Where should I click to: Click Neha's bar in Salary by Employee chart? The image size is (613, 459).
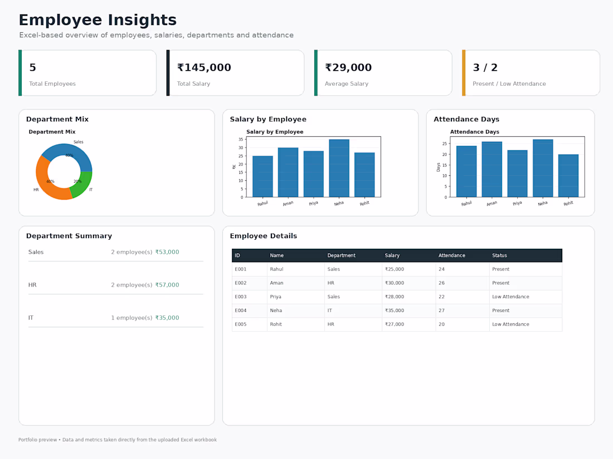[339, 168]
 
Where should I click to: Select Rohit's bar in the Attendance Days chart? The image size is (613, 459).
[568, 176]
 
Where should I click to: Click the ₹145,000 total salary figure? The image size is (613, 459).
[204, 67]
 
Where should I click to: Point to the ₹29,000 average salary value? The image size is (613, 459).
[348, 67]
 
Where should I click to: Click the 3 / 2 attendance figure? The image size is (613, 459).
[485, 67]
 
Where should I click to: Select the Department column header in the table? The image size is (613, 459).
[341, 255]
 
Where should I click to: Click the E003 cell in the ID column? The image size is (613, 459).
[240, 297]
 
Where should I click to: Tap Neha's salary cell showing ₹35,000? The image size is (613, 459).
[394, 310]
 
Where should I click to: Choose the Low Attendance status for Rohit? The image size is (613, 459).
[510, 324]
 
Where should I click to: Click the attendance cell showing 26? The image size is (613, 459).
[441, 283]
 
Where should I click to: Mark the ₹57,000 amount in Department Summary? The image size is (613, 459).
[167, 285]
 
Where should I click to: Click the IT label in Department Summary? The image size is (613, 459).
[31, 318]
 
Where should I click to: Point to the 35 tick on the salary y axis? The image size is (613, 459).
[240, 139]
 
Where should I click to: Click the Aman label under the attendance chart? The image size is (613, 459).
[492, 203]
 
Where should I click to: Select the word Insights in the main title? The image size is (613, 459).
[142, 20]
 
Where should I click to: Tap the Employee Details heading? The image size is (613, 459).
[264, 236]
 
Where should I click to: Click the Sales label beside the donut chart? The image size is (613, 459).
[78, 142]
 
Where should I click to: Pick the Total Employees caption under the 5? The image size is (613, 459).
[52, 83]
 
